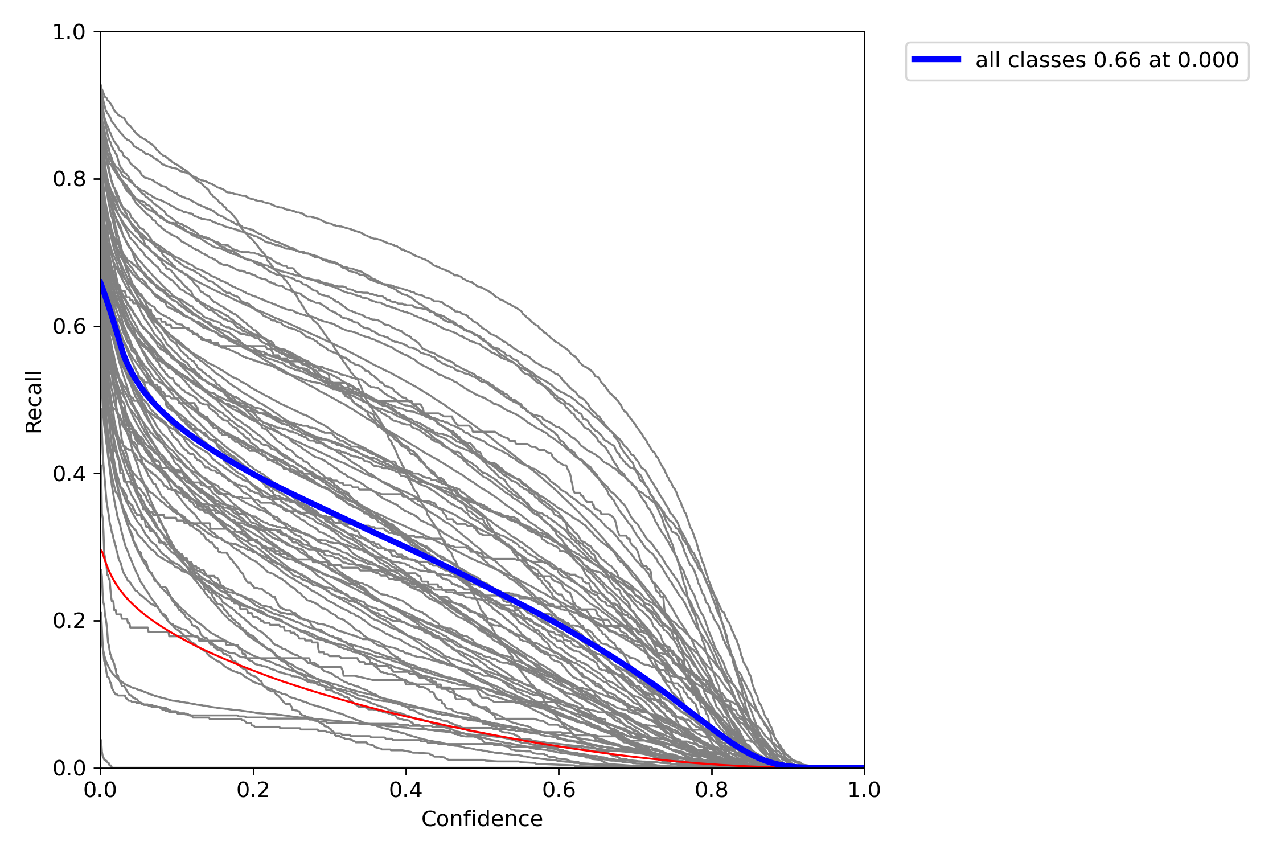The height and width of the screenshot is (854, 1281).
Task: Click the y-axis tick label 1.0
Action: (68, 32)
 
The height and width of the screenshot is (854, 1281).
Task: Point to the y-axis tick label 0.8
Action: (68, 179)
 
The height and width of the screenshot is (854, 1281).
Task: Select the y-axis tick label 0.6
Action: (68, 327)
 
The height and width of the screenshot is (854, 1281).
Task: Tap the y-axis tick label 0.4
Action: (68, 474)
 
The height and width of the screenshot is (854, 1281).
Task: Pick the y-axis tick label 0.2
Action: (68, 621)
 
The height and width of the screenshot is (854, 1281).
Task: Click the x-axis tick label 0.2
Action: (253, 790)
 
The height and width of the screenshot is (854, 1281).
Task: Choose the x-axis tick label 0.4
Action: (406, 790)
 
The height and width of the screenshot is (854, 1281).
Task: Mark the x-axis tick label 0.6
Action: (559, 790)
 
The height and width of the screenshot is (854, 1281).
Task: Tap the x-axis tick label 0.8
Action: (712, 790)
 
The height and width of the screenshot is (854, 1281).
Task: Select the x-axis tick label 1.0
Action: (864, 790)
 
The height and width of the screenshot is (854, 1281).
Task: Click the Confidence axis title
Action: (482, 819)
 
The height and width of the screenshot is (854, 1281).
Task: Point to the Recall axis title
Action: (34, 402)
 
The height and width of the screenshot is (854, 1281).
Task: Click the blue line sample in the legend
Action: (936, 60)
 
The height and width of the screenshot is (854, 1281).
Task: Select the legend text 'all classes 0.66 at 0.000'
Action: (1107, 60)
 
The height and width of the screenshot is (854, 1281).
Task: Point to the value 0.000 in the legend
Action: (1208, 60)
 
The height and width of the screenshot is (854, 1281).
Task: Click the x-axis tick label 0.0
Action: (100, 790)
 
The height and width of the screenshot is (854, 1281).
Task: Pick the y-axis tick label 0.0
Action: (68, 768)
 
